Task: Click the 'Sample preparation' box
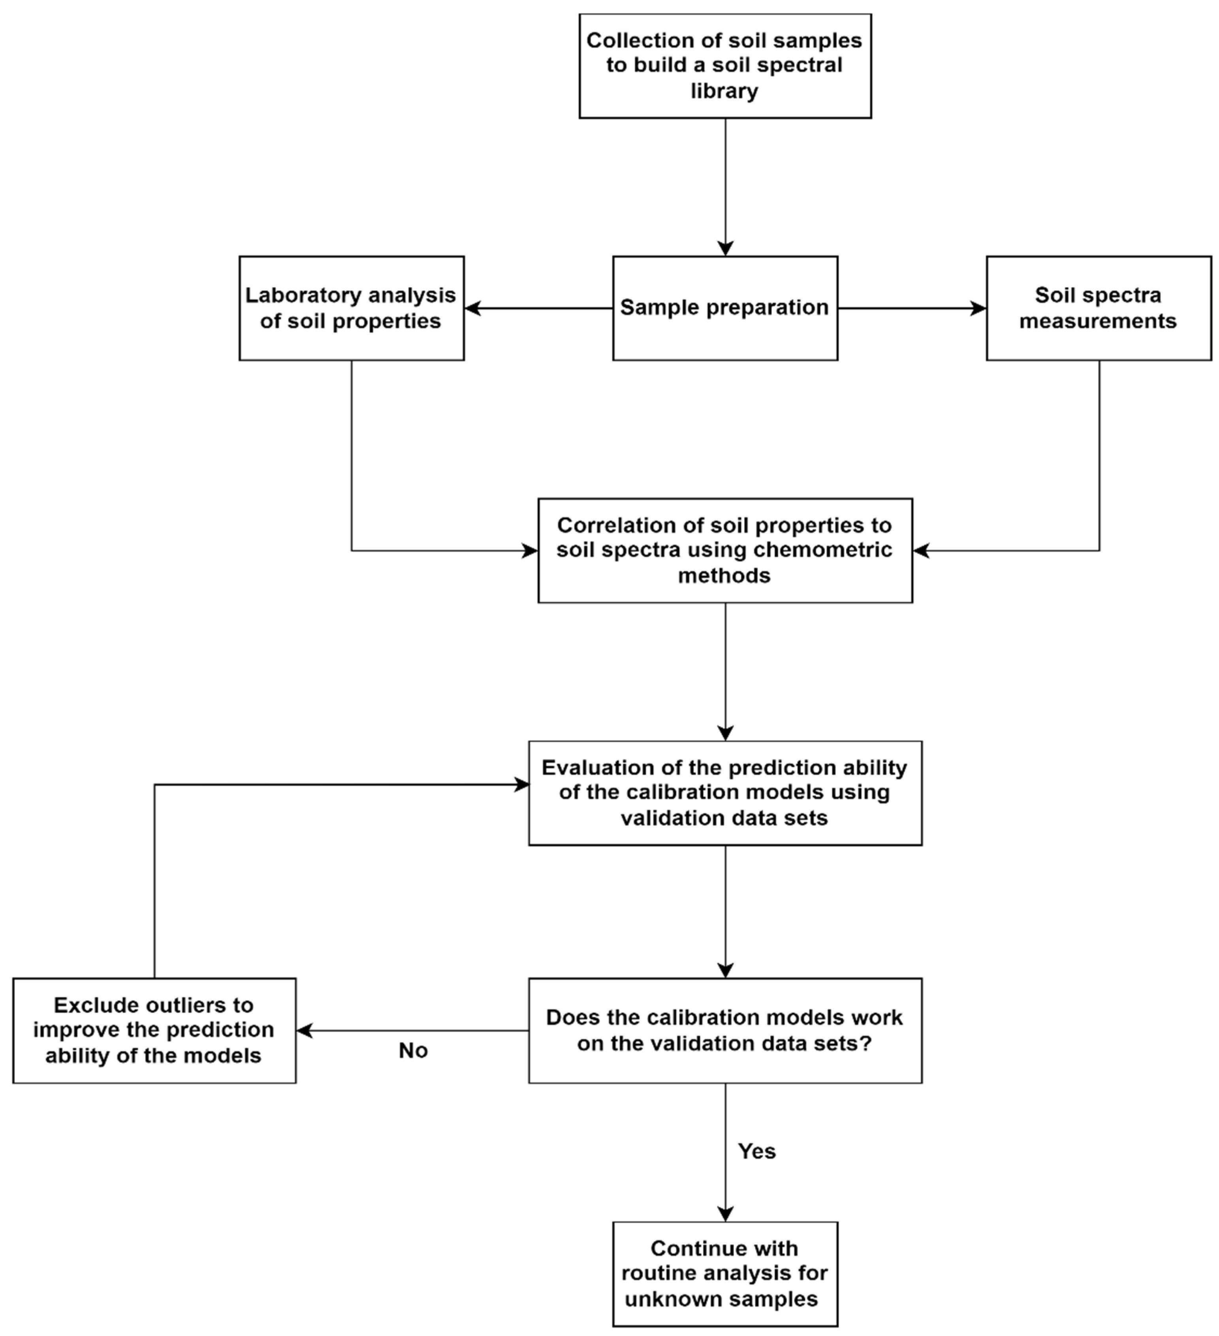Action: pyautogui.click(x=725, y=308)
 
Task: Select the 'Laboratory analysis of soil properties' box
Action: pyautogui.click(x=351, y=308)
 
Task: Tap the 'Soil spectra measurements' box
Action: pyautogui.click(x=1099, y=308)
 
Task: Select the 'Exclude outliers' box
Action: pyautogui.click(x=154, y=1031)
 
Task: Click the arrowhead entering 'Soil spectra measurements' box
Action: pyautogui.click(x=978, y=308)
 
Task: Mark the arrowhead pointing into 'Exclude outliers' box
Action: pyautogui.click(x=304, y=1031)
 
